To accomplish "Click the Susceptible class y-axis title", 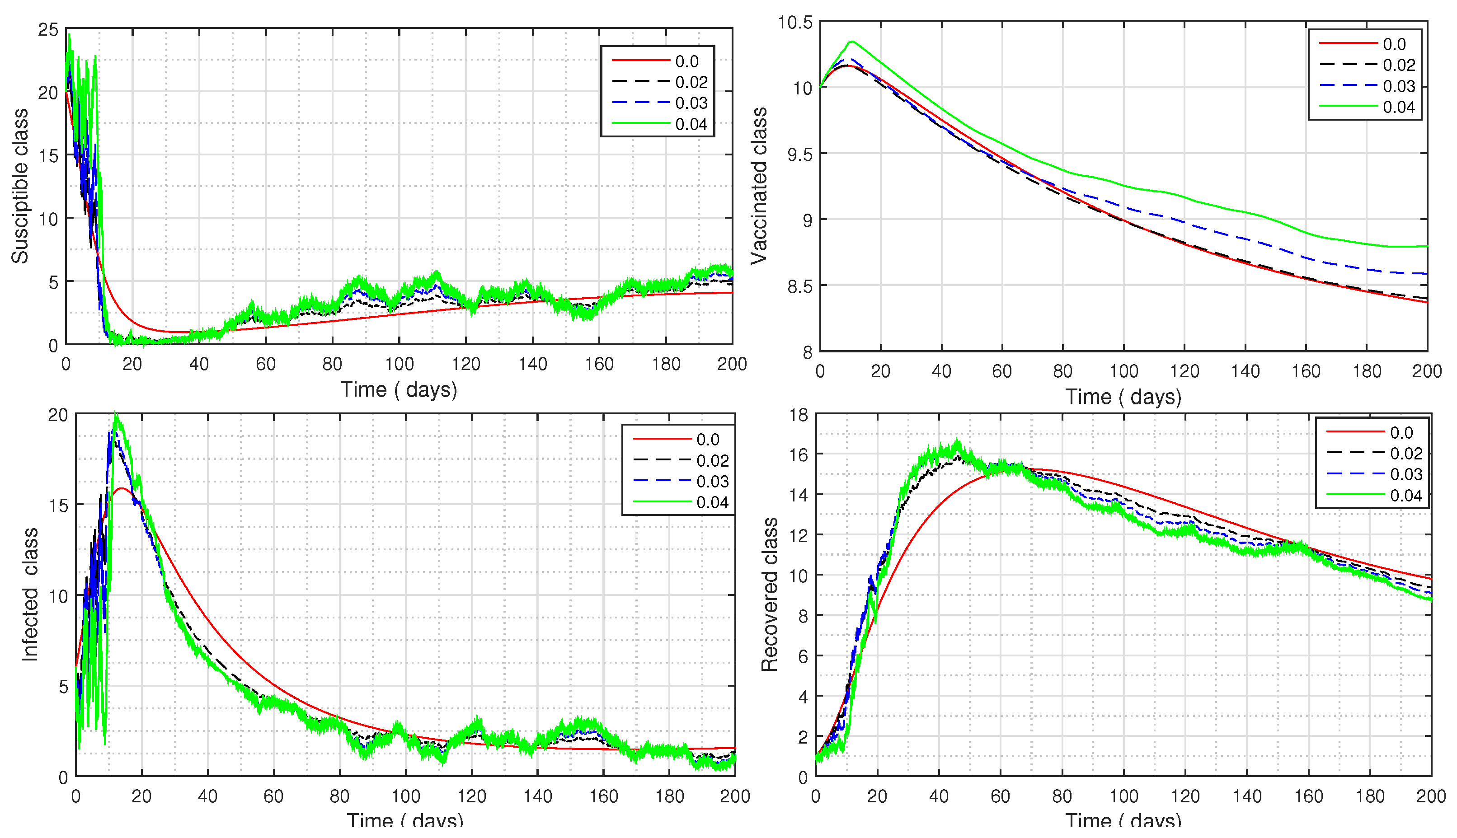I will [x=20, y=186].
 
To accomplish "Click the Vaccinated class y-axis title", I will [x=759, y=186].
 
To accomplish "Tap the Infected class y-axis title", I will [x=30, y=595].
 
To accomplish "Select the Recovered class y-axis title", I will [x=770, y=595].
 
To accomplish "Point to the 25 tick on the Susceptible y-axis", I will [x=48, y=30].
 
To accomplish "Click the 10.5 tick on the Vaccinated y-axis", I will [x=795, y=23].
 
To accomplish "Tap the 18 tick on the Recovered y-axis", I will [x=799, y=415].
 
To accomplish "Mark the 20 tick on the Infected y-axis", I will [x=57, y=415].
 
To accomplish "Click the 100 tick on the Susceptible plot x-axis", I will [x=399, y=364].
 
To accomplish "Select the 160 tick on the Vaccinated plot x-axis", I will [x=1306, y=371].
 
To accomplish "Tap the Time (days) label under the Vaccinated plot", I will [x=1123, y=397].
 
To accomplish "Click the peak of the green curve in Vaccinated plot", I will [x=852, y=42].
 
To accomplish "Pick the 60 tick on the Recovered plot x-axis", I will [x=1000, y=796].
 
